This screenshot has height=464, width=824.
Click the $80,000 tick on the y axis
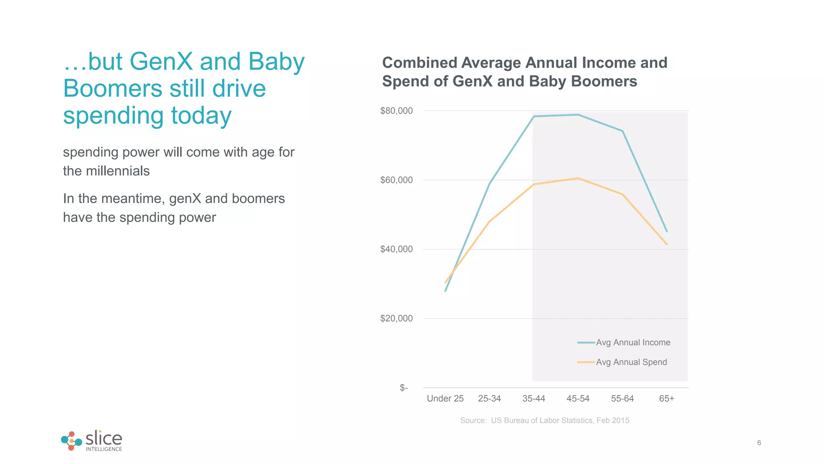(396, 111)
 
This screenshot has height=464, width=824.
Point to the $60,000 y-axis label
(396, 180)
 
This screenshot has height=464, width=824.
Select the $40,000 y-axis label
(396, 249)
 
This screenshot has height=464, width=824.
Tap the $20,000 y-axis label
(396, 319)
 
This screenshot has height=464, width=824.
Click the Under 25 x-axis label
(445, 399)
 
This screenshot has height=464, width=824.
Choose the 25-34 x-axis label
(489, 399)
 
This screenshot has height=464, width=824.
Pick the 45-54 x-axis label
(578, 399)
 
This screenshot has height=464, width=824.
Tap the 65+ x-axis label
(666, 399)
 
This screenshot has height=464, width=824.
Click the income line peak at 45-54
(578, 115)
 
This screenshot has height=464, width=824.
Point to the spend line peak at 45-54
(578, 178)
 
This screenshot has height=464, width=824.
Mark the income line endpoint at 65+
(667, 231)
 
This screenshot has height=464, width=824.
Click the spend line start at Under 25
(445, 282)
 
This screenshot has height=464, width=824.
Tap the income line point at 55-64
(622, 131)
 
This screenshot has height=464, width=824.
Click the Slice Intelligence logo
(92, 441)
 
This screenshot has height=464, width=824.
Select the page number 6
(759, 443)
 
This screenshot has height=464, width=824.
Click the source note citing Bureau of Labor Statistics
(544, 420)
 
